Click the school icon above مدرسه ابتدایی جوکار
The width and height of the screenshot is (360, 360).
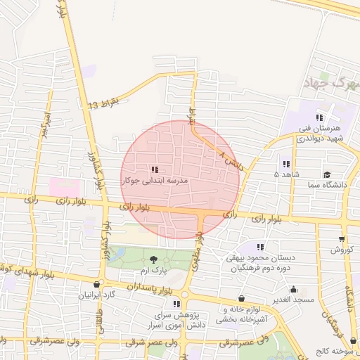(154, 169)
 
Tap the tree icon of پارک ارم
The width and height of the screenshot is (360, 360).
(155, 261)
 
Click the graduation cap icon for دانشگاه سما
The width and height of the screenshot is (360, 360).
(326, 174)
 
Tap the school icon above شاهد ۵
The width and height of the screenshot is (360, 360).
(286, 163)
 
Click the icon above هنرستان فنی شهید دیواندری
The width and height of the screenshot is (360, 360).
(319, 118)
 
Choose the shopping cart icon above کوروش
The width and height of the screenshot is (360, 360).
(342, 239)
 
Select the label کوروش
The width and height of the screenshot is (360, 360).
(345, 250)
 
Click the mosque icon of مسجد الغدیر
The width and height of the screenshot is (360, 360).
(294, 289)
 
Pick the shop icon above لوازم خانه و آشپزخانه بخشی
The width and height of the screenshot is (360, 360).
(242, 298)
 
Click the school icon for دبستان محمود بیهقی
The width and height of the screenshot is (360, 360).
(260, 247)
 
